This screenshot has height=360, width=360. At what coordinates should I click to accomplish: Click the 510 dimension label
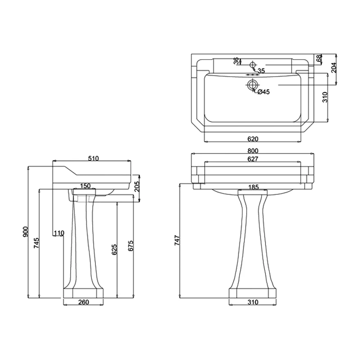(93, 158)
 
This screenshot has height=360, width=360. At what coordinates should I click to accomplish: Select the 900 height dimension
(26, 231)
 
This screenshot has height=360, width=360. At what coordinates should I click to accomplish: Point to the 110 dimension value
(59, 233)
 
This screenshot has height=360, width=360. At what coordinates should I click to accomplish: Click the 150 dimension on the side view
(85, 185)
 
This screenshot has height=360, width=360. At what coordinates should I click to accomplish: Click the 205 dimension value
(137, 185)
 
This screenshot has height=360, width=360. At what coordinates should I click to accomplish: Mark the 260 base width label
(84, 302)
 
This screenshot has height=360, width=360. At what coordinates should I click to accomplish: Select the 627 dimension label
(252, 159)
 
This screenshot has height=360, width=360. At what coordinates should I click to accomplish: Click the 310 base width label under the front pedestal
(252, 302)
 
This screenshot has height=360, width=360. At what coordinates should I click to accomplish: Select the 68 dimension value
(319, 58)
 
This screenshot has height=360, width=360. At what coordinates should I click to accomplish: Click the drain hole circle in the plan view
(253, 84)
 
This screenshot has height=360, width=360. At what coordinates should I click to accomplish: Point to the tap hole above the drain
(253, 64)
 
